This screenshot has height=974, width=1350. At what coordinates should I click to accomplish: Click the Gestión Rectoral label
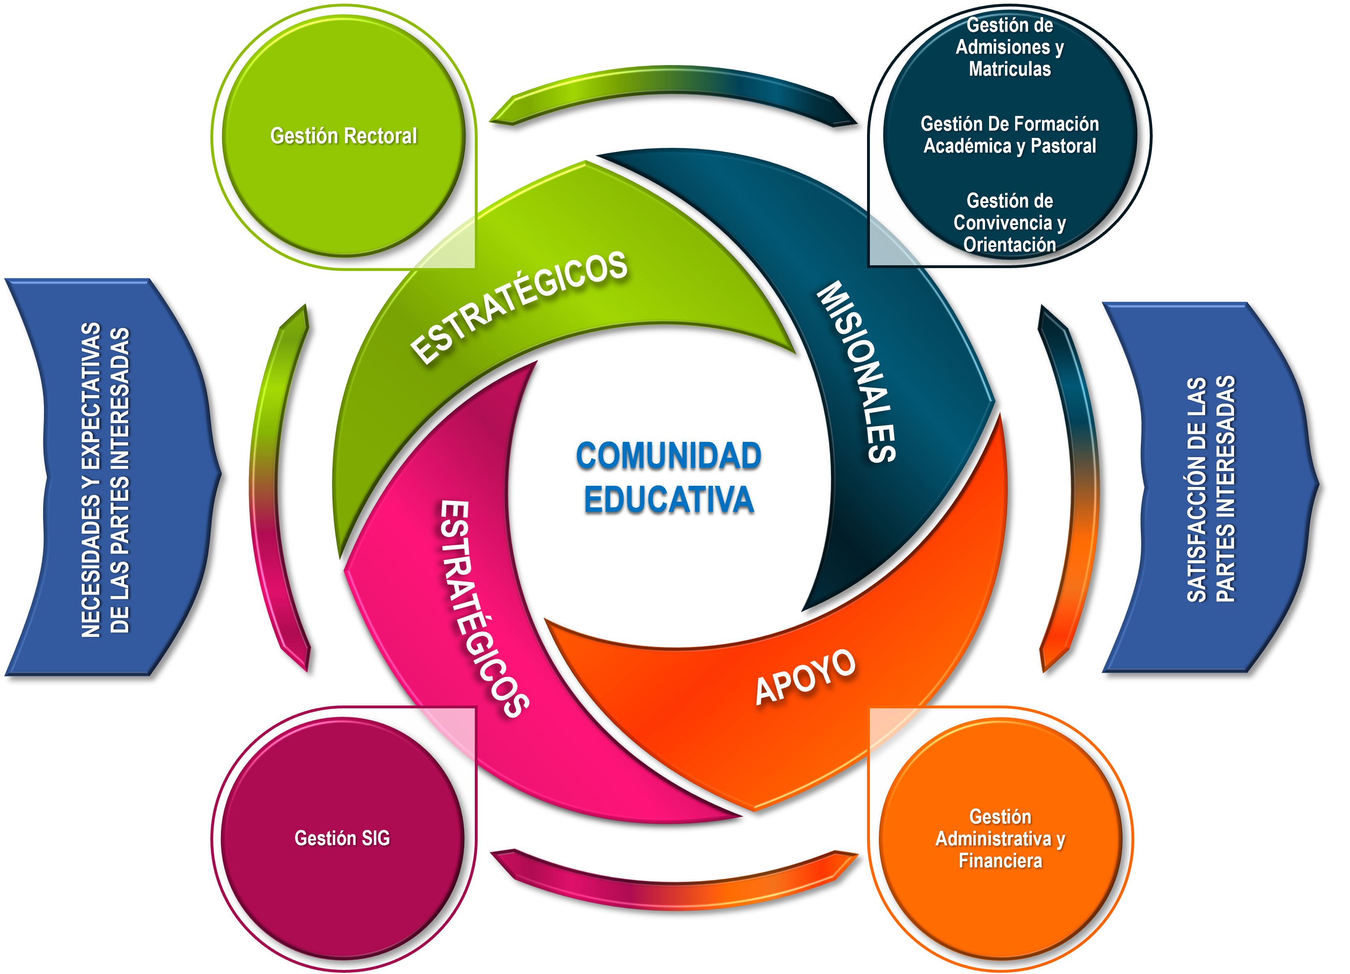tap(343, 136)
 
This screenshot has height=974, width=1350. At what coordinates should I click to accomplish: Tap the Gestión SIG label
tap(342, 838)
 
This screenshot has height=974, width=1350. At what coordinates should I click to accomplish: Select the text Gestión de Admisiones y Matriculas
tap(1009, 47)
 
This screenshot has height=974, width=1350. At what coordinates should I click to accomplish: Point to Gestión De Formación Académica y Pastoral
tap(1009, 135)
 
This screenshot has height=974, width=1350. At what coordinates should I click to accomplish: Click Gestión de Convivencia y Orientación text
tap(1009, 223)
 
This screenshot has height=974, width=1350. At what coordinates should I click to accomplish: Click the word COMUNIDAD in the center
tap(668, 456)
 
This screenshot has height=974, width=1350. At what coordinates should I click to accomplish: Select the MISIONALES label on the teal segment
tap(857, 372)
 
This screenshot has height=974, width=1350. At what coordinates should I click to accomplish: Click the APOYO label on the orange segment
tap(805, 677)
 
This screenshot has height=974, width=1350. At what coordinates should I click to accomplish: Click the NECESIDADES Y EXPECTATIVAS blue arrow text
tap(105, 479)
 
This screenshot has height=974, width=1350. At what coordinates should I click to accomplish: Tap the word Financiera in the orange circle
tap(1000, 861)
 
